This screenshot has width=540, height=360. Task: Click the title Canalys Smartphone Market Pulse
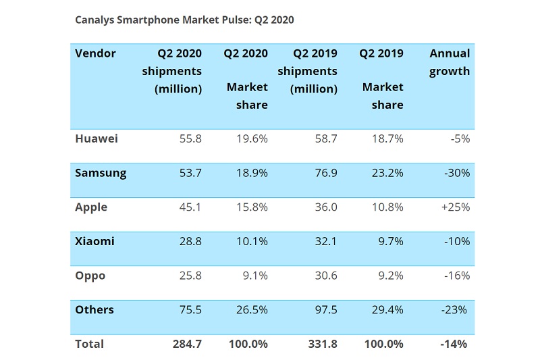coord(184,20)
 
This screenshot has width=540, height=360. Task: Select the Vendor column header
coord(95,53)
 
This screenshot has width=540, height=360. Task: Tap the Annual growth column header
coord(450,62)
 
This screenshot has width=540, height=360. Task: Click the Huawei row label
coord(97,138)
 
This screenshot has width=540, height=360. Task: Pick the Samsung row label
coord(101,173)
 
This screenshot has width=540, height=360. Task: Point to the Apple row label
coord(91,207)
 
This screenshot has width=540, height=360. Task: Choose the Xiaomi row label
coord(94,241)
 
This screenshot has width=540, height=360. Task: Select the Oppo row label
coord(90,276)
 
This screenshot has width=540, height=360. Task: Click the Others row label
coord(94,310)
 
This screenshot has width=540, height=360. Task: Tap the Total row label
coord(90,344)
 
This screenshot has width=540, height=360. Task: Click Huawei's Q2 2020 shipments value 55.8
coord(190,138)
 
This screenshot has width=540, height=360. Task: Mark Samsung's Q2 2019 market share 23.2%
coord(389,173)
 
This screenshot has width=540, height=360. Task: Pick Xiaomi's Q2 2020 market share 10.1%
coord(253,241)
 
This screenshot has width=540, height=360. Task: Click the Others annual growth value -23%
coord(456,310)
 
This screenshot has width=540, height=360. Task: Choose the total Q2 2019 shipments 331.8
coord(321,344)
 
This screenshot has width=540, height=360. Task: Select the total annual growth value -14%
coord(456,344)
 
